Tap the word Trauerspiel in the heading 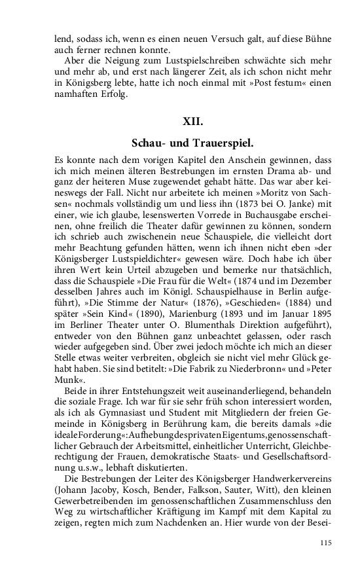coord(219,142)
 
